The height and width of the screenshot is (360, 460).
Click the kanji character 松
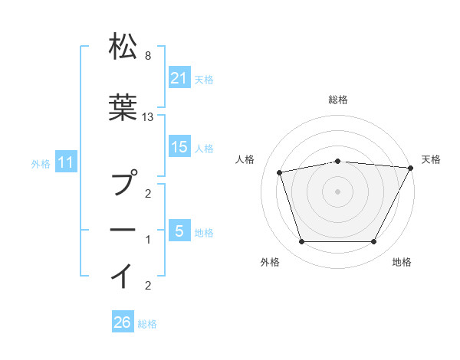pos(123,47)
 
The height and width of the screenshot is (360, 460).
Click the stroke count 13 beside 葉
pos(149,116)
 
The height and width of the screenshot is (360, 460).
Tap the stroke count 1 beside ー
pos(147,241)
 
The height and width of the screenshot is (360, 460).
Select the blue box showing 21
pos(179,77)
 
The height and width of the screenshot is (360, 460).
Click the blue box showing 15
pos(179,147)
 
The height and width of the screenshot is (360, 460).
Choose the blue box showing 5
pos(179,231)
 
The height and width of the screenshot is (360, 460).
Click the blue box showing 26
pos(123,323)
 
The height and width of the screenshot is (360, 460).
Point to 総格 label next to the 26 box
pos(147,324)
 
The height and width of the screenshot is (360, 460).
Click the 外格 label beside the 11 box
pos(41,163)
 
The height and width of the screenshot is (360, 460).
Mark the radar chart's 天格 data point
pos(410,168)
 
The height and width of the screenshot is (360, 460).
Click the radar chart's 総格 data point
pos(337,161)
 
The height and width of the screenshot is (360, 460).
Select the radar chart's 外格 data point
pos(301,242)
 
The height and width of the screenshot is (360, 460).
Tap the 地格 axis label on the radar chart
pos(402,263)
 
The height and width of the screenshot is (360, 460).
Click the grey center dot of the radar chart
pos(337,191)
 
